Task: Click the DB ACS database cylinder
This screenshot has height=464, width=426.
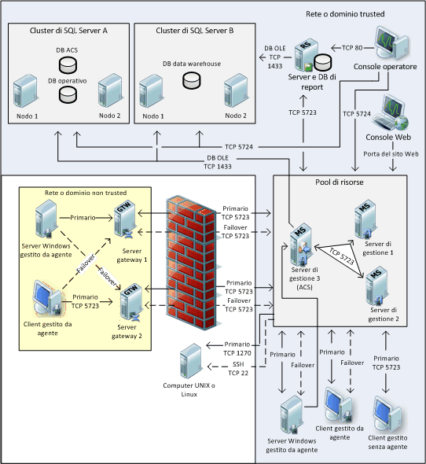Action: tap(68, 64)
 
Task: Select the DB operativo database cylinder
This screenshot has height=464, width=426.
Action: tap(68, 94)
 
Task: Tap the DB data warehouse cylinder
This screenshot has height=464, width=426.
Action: tap(192, 80)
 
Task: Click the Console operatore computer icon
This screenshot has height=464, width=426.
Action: tap(391, 43)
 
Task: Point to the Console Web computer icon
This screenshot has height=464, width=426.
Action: tap(390, 112)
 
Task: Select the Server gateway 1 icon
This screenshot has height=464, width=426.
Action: tap(126, 219)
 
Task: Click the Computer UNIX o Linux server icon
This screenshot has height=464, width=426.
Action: tap(191, 361)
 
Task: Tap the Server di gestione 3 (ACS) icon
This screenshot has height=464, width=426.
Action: tap(301, 244)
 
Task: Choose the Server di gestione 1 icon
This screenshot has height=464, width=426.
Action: tap(365, 219)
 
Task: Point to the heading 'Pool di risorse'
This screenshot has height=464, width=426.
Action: tap(340, 182)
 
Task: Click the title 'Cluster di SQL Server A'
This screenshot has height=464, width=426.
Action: tap(68, 31)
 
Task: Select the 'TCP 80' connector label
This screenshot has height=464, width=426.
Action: tap(352, 48)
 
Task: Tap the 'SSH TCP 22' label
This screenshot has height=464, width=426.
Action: tap(238, 368)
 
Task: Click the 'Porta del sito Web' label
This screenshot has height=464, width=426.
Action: tap(391, 154)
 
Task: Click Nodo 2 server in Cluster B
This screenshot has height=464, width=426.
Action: tap(235, 91)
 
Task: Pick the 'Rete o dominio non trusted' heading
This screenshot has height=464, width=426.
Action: tap(86, 193)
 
